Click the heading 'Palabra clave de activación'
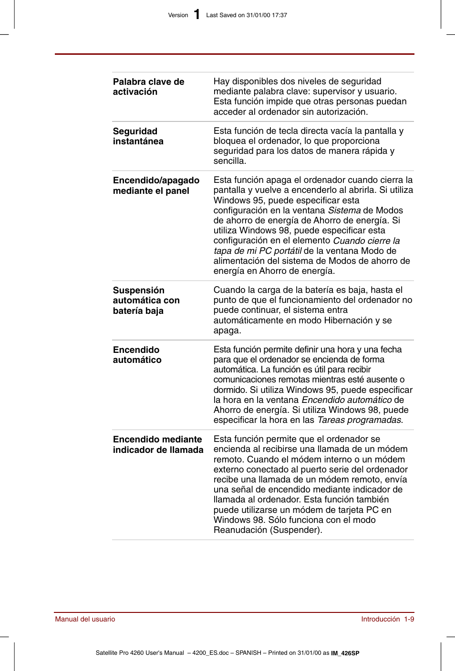coord(148,87)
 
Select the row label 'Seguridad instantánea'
coord(138,136)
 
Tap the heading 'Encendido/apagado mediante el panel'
coord(156,186)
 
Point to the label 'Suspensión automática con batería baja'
coord(146,300)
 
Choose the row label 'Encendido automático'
coord(137,355)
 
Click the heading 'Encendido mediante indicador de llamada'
coord(158,444)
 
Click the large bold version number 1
coord(197,15)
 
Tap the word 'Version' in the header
coord(178,15)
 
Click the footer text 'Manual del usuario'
coord(85,619)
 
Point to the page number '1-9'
coord(409,619)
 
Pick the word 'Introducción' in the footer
coord(380,619)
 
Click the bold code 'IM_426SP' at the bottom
coord(345,653)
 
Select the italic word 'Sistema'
coord(344,210)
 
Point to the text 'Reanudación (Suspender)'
coord(267,530)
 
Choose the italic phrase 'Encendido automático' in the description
coord(347,400)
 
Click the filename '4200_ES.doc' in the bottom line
coord(210,653)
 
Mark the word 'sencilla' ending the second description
coord(229,161)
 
